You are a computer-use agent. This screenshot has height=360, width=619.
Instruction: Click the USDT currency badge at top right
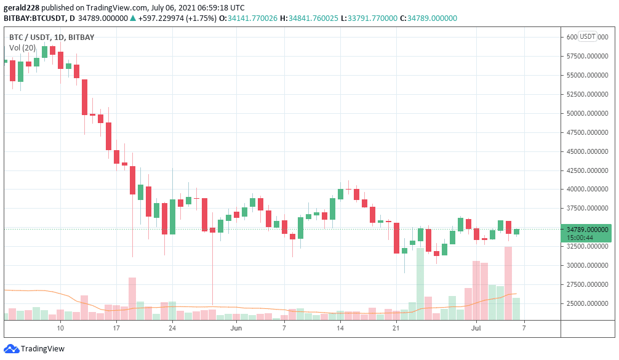tap(588, 36)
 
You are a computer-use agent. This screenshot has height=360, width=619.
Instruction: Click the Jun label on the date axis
tap(236, 329)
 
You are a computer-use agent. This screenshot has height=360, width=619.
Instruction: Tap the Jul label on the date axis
tap(476, 329)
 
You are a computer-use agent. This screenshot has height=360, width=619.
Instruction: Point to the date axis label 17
tap(116, 329)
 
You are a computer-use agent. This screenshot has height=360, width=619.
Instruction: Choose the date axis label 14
tap(340, 329)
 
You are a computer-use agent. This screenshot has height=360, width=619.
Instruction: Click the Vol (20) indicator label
tap(22, 47)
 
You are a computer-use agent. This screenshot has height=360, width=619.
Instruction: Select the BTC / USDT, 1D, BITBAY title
tap(52, 37)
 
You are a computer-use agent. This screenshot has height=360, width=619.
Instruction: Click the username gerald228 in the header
tap(22, 7)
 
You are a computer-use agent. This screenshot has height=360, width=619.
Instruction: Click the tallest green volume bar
tap(420, 283)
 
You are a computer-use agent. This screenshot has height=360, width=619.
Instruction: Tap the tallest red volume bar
tap(508, 282)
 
